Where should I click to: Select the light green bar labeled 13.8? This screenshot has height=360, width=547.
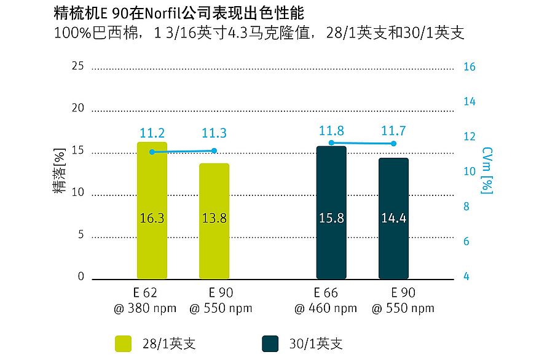[214, 221]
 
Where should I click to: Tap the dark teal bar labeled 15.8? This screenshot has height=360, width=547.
[331, 213]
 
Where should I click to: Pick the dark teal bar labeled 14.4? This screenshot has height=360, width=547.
[393, 218]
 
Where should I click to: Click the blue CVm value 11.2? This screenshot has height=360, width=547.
[152, 133]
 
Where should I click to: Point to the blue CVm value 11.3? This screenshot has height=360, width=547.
[214, 133]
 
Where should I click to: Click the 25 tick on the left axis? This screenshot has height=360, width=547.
[77, 66]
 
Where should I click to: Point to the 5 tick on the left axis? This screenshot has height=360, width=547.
[81, 235]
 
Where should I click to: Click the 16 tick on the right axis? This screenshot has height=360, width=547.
[469, 67]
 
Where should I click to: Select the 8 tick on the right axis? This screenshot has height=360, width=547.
[465, 207]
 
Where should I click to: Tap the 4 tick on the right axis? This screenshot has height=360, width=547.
[465, 277]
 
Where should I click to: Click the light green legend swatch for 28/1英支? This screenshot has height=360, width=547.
[124, 343]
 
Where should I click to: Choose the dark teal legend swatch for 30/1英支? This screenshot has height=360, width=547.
[270, 343]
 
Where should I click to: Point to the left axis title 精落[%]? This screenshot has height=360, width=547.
[60, 172]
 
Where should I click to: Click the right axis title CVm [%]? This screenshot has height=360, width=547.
[487, 170]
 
